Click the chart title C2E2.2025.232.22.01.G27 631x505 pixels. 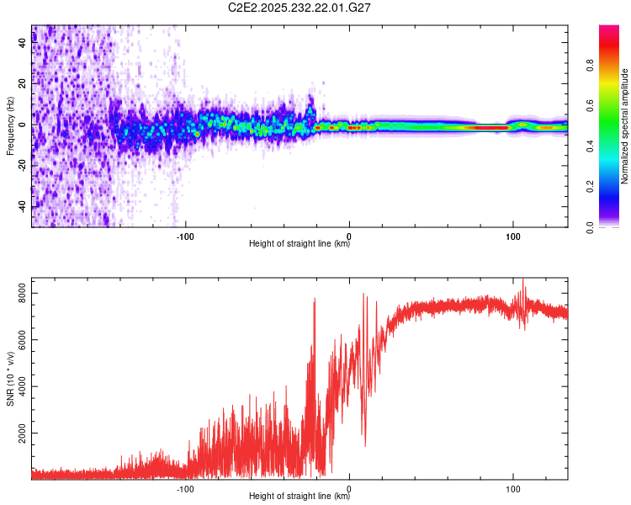pyautogui.click(x=300, y=8)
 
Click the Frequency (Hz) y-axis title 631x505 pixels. pyautogui.click(x=9, y=126)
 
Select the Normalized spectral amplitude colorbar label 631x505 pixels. pyautogui.click(x=625, y=126)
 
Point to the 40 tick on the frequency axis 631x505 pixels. pyautogui.click(x=23, y=44)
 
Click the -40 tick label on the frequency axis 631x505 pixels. pyautogui.click(x=21, y=207)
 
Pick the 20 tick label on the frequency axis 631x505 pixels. pyautogui.click(x=23, y=84)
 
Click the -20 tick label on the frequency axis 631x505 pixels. pyautogui.click(x=21, y=166)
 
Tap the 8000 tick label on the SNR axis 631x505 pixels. pyautogui.click(x=19, y=292)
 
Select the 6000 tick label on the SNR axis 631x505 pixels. pyautogui.click(x=19, y=339)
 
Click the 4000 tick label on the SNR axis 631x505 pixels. pyautogui.click(x=19, y=386)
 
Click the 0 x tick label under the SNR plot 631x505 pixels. pyautogui.click(x=350, y=487)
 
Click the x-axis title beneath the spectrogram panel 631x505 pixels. pyautogui.click(x=300, y=244)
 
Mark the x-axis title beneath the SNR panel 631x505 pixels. pyautogui.click(x=300, y=497)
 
